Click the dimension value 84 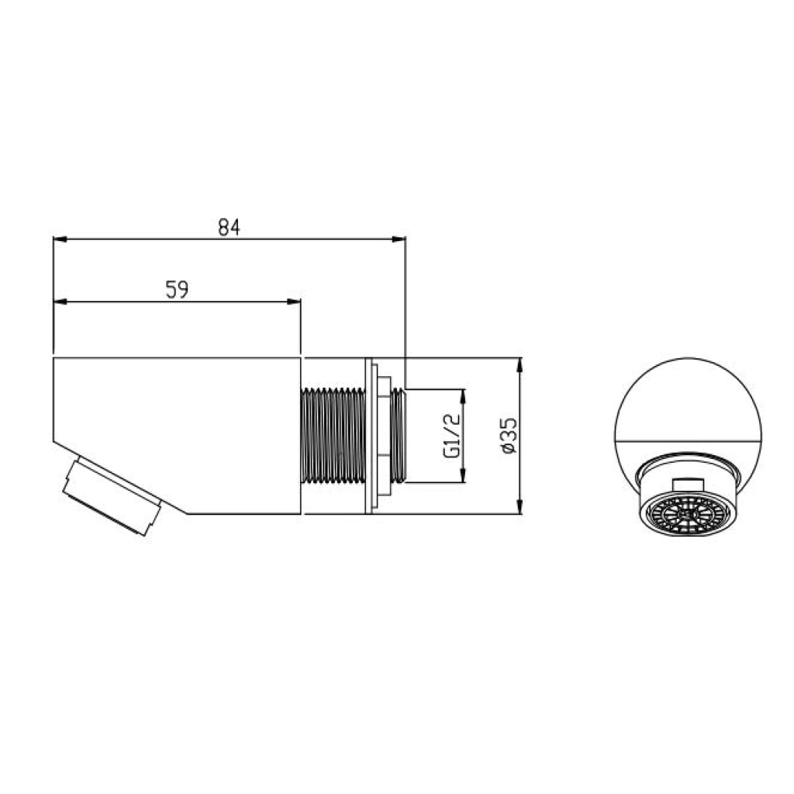[229, 228]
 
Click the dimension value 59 [178, 290]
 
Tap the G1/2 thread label [452, 436]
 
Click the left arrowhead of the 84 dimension [60, 239]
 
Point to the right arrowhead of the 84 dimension [399, 239]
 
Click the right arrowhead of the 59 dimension [294, 302]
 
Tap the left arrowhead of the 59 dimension [60, 302]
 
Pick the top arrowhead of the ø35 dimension [520, 365]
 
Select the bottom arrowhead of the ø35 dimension [520, 506]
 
